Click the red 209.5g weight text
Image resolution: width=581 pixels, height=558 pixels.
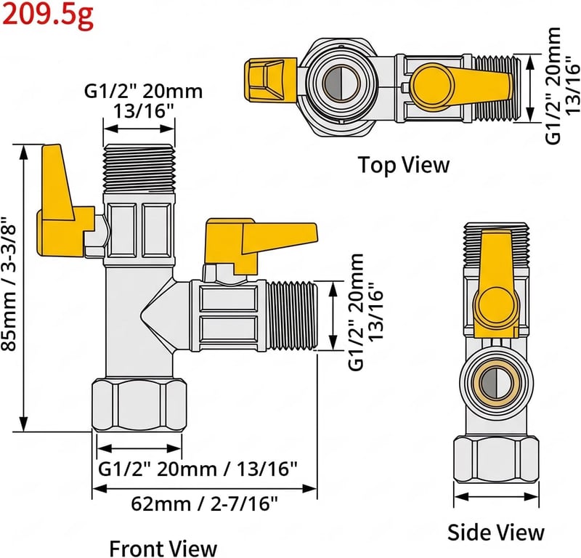47,15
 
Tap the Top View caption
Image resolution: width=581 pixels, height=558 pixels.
404,165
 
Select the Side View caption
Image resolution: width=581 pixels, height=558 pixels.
496,533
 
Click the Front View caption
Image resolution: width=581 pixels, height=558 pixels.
163,548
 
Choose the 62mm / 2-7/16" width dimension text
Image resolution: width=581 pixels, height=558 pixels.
204,504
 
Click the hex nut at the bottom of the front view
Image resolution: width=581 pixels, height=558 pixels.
139,405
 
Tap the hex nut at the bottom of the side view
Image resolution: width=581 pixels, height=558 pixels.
496,460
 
